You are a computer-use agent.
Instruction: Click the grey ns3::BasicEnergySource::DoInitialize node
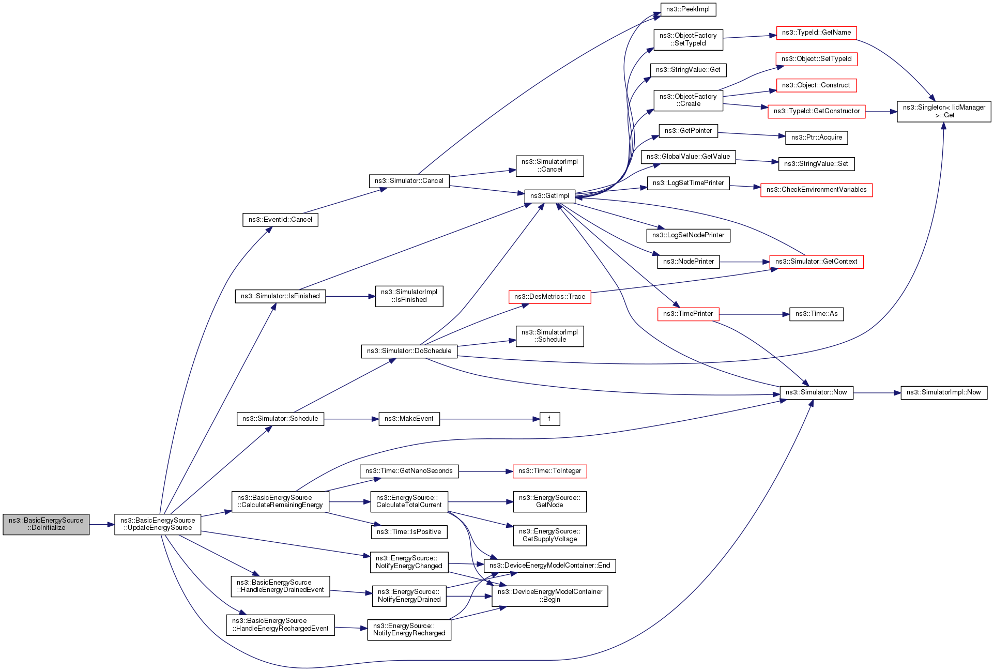[x=46, y=524]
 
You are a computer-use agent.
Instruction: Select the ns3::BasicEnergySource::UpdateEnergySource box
[x=158, y=524]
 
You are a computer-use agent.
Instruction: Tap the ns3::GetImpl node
[x=549, y=196]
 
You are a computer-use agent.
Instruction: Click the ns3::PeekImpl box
[x=688, y=9]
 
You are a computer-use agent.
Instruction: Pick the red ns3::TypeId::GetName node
[x=816, y=33]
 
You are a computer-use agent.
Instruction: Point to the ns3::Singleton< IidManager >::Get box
[x=944, y=111]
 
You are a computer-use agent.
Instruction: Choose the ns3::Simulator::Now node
[x=816, y=392]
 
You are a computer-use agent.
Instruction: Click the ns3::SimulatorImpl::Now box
[x=943, y=392]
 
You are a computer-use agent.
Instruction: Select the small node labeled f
[x=549, y=419]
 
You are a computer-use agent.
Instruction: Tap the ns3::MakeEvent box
[x=409, y=419]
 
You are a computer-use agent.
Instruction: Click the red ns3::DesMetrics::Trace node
[x=549, y=297]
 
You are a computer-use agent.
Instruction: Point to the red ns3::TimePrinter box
[x=688, y=314]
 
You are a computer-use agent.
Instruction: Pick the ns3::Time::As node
[x=816, y=314]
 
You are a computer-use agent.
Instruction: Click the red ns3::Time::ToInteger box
[x=549, y=471]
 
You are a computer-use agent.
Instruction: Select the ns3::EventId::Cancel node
[x=280, y=220]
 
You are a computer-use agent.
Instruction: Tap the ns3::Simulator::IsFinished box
[x=280, y=296]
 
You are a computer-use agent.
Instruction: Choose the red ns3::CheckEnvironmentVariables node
[x=816, y=190]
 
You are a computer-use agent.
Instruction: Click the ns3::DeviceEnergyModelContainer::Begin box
[x=549, y=596]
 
